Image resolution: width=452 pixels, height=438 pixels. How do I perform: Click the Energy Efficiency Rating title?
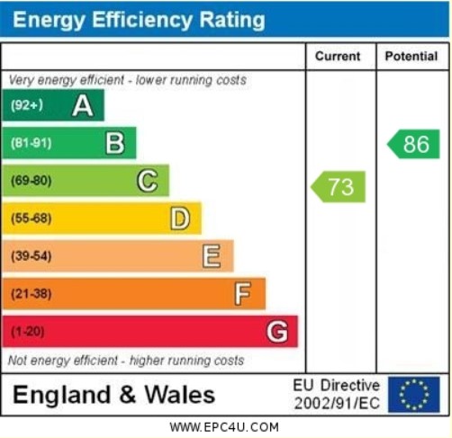pyautogui.click(x=140, y=20)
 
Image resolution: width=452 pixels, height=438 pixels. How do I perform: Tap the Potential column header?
pyautogui.click(x=411, y=57)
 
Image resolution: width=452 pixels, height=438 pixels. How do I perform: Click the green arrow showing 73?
pyautogui.click(x=339, y=187)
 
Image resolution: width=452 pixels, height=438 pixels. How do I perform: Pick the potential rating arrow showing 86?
pyautogui.click(x=414, y=144)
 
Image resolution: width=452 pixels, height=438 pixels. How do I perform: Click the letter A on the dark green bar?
pyautogui.click(x=83, y=106)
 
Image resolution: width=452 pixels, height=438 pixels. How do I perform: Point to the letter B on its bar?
pyautogui.click(x=115, y=143)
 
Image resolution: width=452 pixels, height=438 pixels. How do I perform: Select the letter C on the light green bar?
pyautogui.click(x=147, y=181)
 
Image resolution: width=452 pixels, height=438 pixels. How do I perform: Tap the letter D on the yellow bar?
pyautogui.click(x=180, y=219)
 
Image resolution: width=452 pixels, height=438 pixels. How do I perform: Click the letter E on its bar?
pyautogui.click(x=212, y=256)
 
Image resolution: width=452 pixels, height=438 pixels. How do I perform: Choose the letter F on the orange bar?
pyautogui.click(x=243, y=294)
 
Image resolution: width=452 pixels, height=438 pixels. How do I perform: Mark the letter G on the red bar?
pyautogui.click(x=276, y=332)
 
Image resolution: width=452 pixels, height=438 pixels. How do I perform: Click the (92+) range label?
pyautogui.click(x=27, y=106)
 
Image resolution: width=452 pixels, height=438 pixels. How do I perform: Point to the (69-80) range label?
pyautogui.click(x=32, y=181)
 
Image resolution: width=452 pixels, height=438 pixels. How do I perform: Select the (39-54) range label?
pyautogui.click(x=32, y=256)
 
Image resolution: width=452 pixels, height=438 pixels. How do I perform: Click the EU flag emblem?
pyautogui.click(x=414, y=394)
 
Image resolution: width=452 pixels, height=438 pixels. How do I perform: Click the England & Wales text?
pyautogui.click(x=114, y=395)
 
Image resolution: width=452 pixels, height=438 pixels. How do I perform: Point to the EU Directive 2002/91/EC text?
pyautogui.click(x=337, y=394)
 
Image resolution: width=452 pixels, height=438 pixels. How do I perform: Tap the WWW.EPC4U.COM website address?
pyautogui.click(x=224, y=427)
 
